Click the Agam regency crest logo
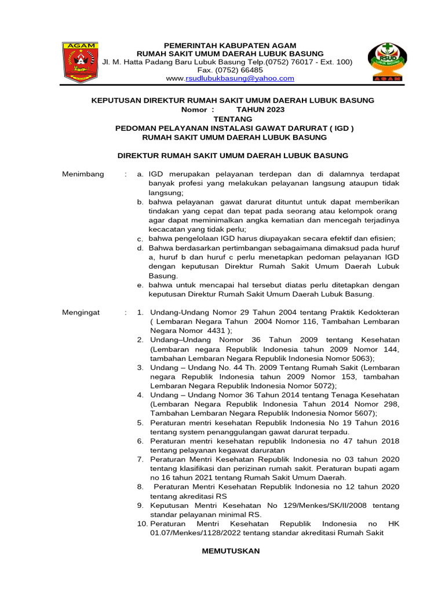pyautogui.click(x=82, y=61)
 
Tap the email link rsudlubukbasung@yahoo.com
pyautogui.click(x=239, y=78)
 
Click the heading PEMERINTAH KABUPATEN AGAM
pyautogui.click(x=230, y=45)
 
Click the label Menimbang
pyautogui.click(x=83, y=174)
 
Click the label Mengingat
pyautogui.click(x=81, y=312)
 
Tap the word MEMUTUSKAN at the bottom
pyautogui.click(x=231, y=551)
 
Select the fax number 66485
pyautogui.click(x=251, y=70)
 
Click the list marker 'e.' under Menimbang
pyautogui.click(x=140, y=285)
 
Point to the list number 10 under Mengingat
pyautogui.click(x=142, y=524)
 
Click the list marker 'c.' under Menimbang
pyautogui.click(x=140, y=239)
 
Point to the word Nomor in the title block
pyautogui.click(x=198, y=109)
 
